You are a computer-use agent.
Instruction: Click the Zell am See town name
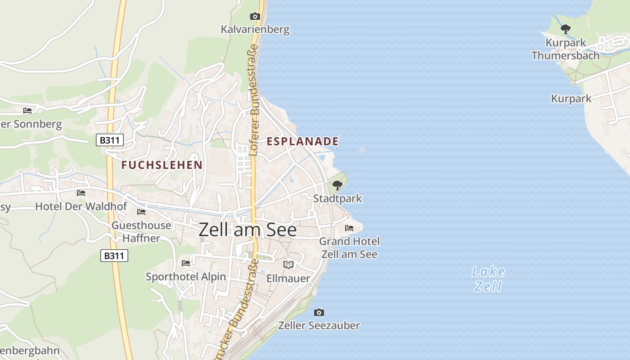247,230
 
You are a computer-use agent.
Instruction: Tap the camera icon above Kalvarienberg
255,17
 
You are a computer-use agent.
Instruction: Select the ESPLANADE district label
302,141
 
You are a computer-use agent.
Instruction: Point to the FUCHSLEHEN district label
162,165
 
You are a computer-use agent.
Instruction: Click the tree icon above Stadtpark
337,185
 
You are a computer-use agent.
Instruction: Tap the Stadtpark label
337,198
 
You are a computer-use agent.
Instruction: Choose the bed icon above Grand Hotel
349,228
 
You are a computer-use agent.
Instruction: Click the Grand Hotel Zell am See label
349,248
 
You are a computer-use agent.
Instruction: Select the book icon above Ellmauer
288,265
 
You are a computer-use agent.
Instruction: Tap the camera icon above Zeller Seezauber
319,312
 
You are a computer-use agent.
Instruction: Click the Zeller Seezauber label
319,325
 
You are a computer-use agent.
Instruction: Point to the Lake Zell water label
488,279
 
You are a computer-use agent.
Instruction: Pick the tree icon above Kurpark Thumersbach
566,29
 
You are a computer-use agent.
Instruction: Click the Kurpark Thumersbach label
566,49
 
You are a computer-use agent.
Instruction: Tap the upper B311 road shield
110,140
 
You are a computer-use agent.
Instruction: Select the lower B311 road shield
114,256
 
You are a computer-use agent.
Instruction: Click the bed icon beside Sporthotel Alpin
185,263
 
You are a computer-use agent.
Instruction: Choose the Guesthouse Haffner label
141,232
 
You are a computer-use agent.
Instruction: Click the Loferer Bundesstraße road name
254,103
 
